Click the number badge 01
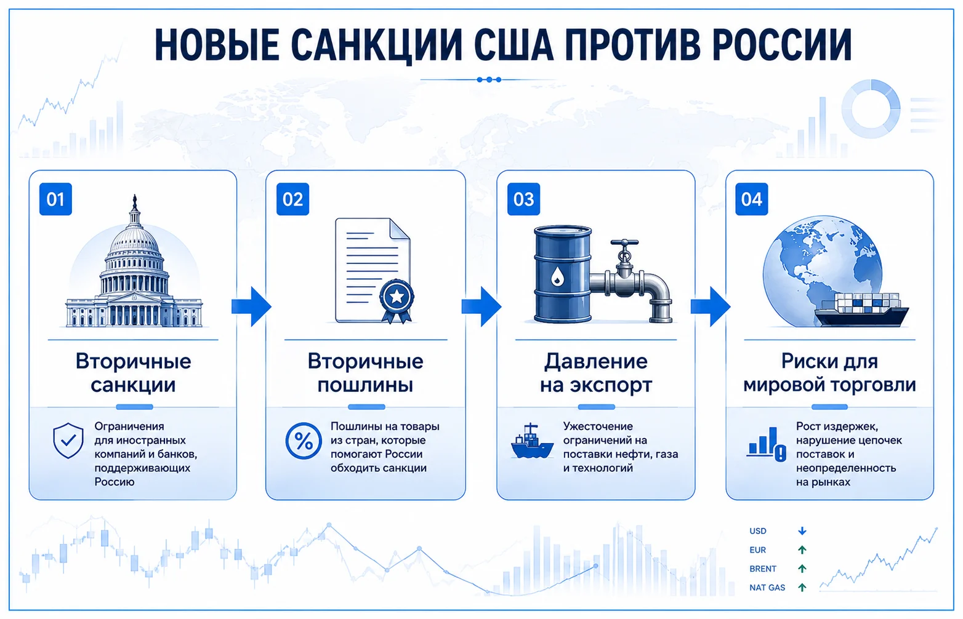[55, 199]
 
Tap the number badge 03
[523, 199]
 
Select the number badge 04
[751, 199]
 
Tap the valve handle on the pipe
[624, 243]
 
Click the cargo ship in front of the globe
[861, 310]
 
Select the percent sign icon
[304, 441]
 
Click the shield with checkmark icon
[68, 441]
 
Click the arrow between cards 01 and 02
[251, 306]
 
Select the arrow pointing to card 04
[710, 306]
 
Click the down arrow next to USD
[802, 531]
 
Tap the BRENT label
[763, 569]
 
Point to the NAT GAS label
[767, 588]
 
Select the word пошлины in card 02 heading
[365, 385]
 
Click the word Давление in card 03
[596, 361]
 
